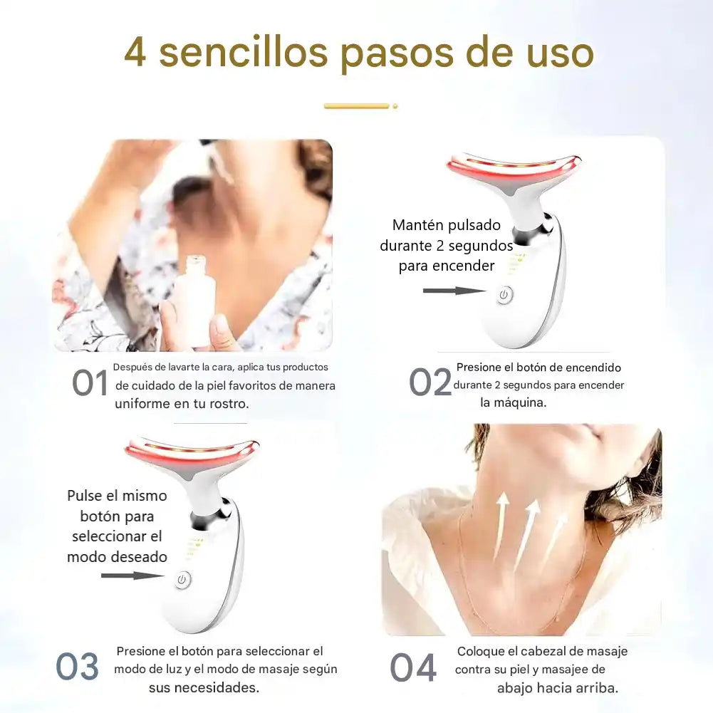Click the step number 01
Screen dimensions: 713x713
[90, 383]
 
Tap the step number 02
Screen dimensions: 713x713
[430, 382]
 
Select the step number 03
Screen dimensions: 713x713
[78, 667]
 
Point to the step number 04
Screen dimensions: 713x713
[413, 667]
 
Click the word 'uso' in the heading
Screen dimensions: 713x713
[560, 53]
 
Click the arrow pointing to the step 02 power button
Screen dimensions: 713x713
[454, 291]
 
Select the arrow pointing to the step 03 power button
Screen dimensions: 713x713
[132, 576]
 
